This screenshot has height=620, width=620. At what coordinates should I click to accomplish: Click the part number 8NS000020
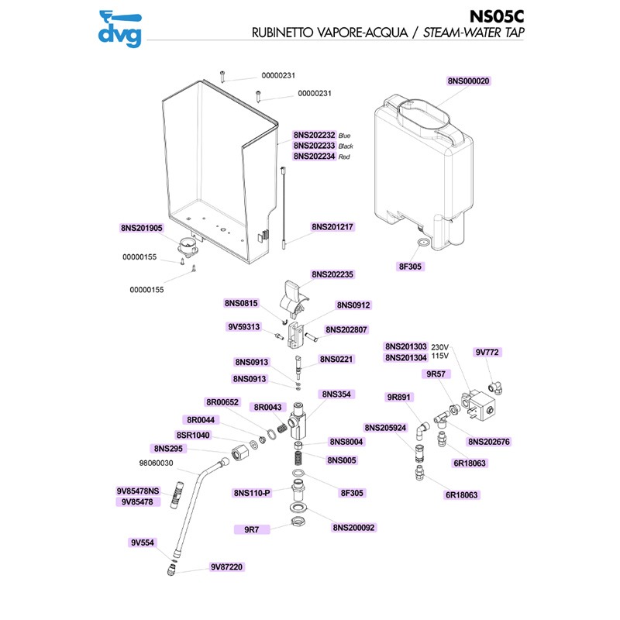[470, 81]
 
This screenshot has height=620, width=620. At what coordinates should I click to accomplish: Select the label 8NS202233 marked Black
[315, 146]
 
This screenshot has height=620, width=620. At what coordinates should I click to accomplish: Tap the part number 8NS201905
[142, 228]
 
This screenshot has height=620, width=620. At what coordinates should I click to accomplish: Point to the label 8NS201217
[332, 227]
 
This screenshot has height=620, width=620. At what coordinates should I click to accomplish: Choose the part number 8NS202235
[332, 274]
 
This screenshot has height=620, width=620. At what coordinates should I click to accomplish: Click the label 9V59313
[243, 326]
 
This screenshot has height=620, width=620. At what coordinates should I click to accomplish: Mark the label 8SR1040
[193, 436]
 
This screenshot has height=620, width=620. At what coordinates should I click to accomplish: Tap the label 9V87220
[226, 567]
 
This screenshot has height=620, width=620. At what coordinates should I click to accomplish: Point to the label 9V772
[487, 352]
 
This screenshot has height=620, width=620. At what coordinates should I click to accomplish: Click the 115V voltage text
[439, 357]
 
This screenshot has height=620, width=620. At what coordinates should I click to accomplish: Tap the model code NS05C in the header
[498, 16]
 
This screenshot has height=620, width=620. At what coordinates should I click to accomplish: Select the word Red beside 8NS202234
[345, 157]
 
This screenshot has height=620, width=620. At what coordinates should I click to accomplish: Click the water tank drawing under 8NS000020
[422, 163]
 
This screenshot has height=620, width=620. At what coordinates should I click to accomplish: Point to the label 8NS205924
[386, 427]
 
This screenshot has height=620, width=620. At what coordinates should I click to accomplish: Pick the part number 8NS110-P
[252, 492]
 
